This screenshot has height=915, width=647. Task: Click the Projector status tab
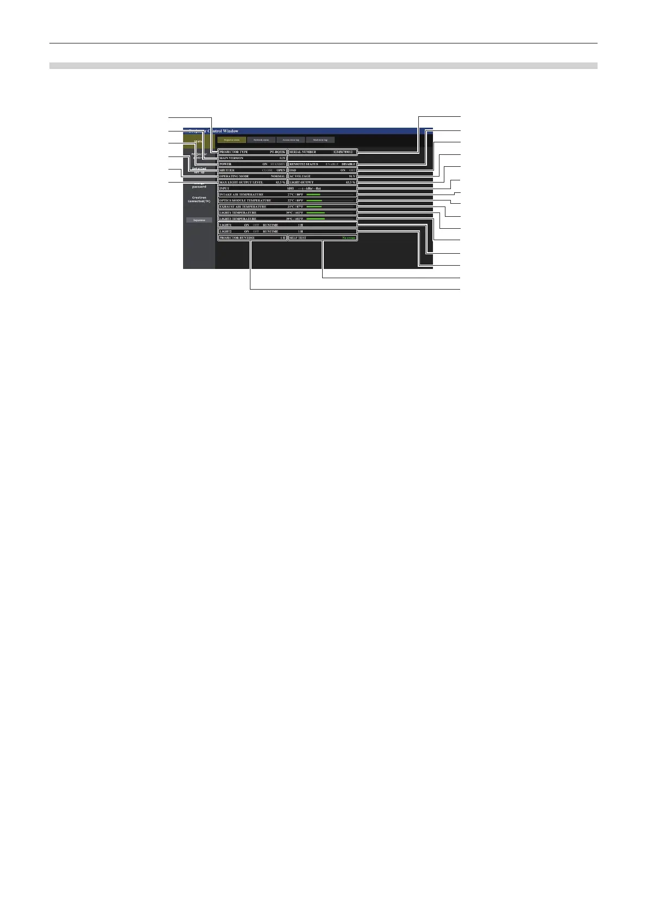pos(231,140)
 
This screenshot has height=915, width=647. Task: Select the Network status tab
pos(261,140)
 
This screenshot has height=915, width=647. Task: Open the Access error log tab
pos(291,140)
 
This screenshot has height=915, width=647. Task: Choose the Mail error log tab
pos(320,140)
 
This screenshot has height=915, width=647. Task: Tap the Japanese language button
pos(199,220)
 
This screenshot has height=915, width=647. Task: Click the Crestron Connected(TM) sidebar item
pos(199,199)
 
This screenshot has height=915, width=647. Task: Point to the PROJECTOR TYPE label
pos(234,152)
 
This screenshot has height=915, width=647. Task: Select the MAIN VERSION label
pos(231,158)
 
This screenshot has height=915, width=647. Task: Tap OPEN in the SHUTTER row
pos(281,170)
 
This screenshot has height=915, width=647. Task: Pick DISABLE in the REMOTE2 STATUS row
pos(348,164)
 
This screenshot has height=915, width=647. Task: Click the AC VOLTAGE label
pos(300,177)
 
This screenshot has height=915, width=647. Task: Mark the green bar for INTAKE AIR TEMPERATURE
pos(313,195)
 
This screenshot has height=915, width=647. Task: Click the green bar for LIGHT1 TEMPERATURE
pos(316,213)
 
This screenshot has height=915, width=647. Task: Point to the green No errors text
pos(349,238)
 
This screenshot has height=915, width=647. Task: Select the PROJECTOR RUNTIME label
pos(236,238)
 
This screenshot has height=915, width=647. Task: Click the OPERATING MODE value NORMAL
pos(278,177)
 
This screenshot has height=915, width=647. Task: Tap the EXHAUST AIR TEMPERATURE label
pos(242,207)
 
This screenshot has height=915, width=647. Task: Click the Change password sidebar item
pos(199,185)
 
